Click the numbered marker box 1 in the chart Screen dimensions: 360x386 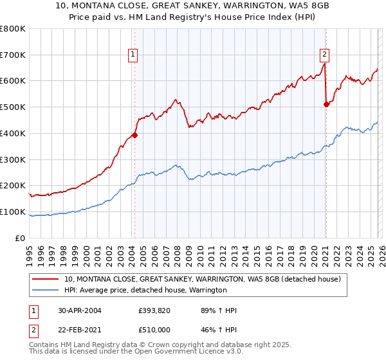click(133, 55)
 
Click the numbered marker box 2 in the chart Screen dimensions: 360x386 click(324, 55)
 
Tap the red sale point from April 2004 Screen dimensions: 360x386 click(135, 135)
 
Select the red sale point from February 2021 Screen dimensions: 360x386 click(326, 104)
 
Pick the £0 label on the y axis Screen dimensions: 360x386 click(21, 238)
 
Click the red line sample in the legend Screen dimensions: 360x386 click(46, 279)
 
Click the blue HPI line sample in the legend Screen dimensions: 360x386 click(46, 290)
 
